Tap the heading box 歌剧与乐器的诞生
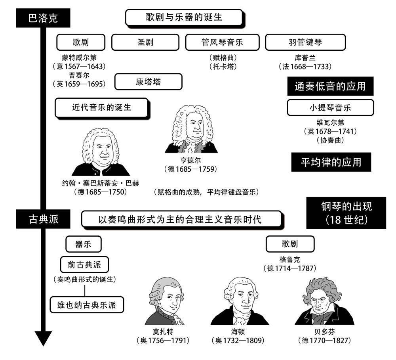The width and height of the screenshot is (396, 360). (x=183, y=18)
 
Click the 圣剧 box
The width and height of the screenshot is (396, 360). (x=145, y=42)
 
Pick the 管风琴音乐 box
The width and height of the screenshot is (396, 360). (x=222, y=42)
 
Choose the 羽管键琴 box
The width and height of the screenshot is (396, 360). (x=305, y=42)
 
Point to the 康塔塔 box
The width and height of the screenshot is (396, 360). (x=148, y=82)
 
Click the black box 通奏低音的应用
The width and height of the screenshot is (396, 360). (x=330, y=86)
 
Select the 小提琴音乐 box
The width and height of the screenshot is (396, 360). (x=330, y=107)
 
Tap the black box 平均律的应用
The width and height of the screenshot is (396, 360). (x=331, y=162)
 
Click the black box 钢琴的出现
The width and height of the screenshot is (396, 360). (x=346, y=213)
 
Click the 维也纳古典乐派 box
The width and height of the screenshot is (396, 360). (x=87, y=305)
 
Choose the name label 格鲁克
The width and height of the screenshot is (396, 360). (x=289, y=259)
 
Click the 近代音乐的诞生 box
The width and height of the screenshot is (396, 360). (x=101, y=107)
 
